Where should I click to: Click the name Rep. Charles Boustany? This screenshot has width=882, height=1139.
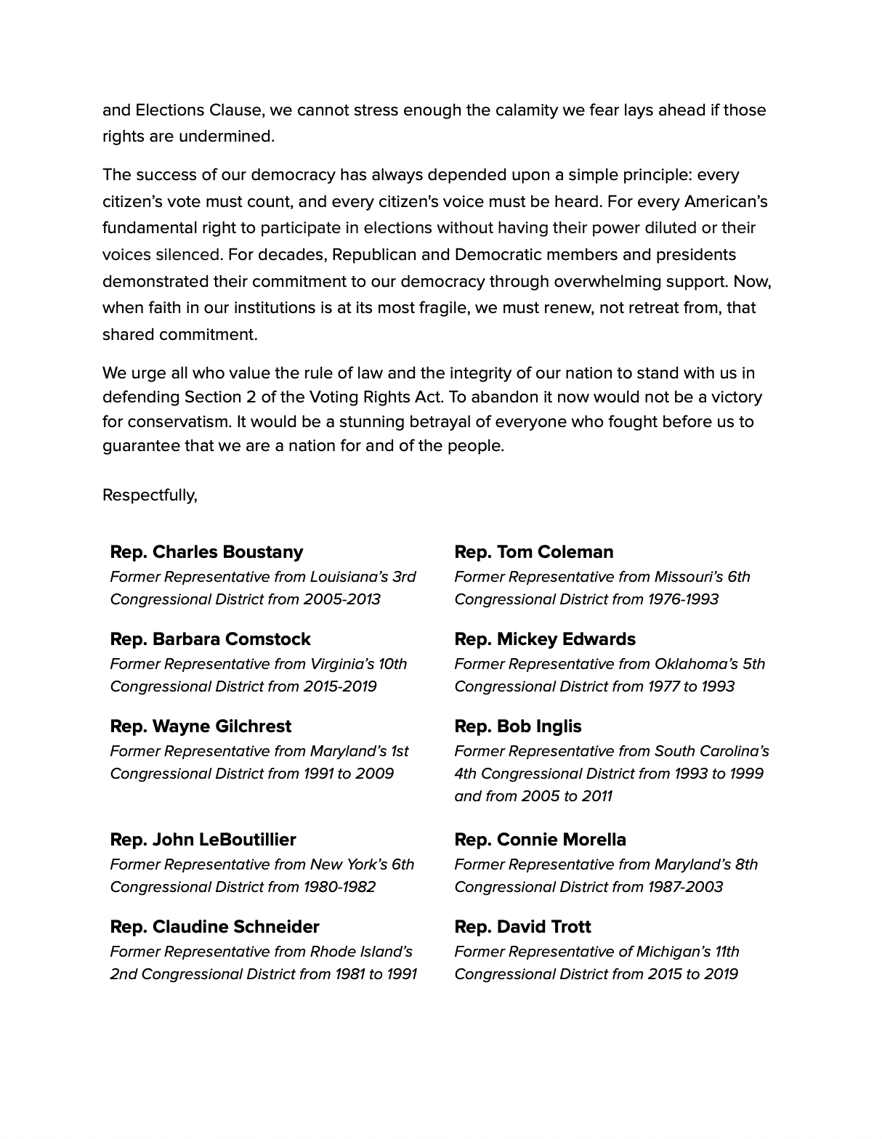206,552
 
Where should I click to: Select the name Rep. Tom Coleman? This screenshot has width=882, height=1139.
534,552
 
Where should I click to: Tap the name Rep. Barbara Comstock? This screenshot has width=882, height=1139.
210,639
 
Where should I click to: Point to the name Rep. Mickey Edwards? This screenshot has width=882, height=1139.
545,639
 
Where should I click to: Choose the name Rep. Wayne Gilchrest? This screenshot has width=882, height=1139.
201,726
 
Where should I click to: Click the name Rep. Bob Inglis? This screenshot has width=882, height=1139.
518,726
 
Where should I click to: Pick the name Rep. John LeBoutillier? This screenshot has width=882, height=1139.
203,840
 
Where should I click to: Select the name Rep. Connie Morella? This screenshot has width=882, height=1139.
540,840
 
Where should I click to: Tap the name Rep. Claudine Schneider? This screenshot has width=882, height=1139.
214,927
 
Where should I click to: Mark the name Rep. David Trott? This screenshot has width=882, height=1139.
522,927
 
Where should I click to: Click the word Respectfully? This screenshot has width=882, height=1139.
149,495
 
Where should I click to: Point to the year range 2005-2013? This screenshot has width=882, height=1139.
341,599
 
